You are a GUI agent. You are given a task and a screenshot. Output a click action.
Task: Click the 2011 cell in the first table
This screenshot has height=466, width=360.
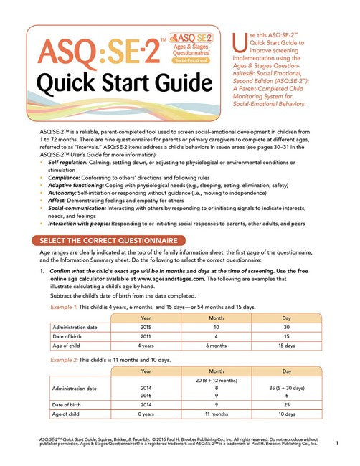(x=146, y=336)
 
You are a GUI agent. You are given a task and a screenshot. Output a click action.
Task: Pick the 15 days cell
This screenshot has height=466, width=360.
(x=288, y=346)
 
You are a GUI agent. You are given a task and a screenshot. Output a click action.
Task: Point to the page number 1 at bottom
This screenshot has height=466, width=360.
(x=336, y=445)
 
